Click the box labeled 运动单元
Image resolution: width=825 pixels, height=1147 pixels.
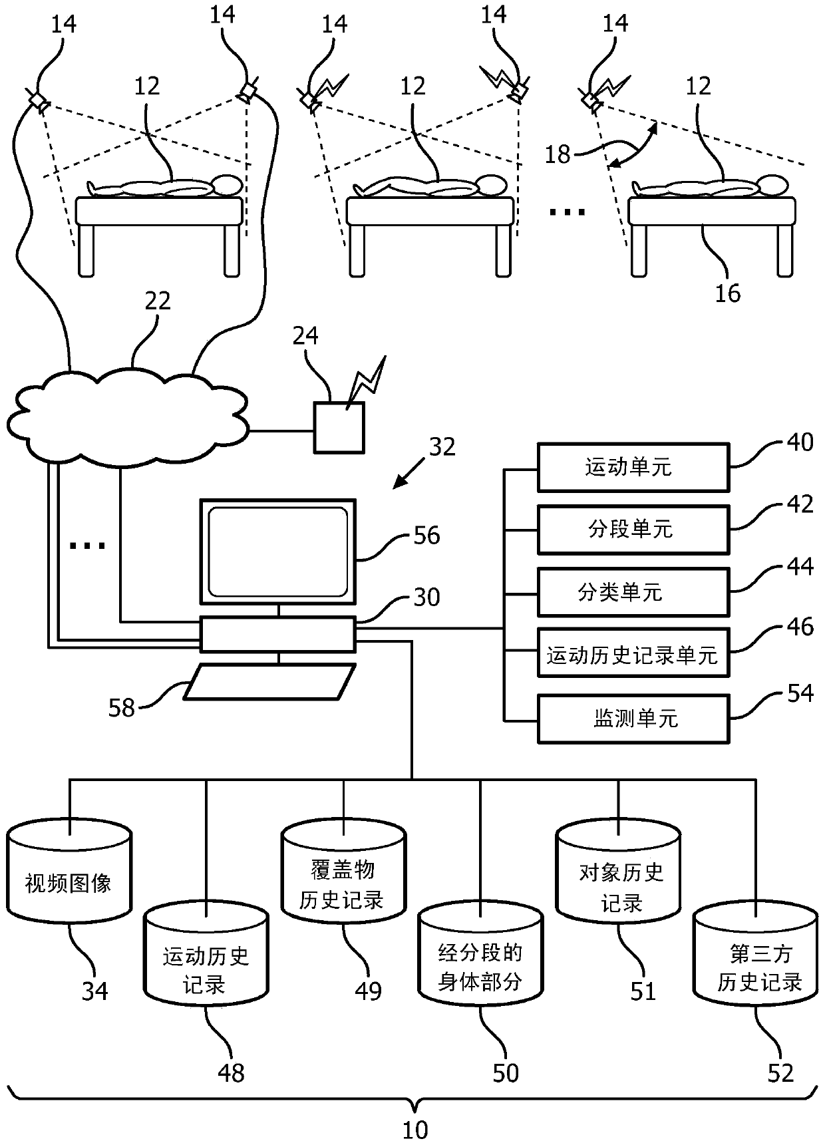[x=633, y=468]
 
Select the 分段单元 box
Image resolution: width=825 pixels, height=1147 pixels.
[x=633, y=530]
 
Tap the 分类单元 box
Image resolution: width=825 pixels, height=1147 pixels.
[x=633, y=591]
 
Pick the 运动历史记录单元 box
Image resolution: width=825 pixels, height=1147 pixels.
[x=633, y=653]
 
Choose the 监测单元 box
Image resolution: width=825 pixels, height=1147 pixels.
[x=633, y=719]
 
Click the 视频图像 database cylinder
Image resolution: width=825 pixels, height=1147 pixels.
[x=69, y=877]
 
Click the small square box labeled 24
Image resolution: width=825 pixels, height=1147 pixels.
[x=339, y=427]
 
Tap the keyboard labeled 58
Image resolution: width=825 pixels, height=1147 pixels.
[x=269, y=682]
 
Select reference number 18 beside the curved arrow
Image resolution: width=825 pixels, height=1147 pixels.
[x=558, y=154]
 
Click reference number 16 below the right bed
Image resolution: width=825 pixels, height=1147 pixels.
[x=727, y=293]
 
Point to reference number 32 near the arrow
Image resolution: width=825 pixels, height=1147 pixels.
[x=442, y=446]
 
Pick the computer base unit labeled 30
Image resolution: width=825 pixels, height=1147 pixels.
[x=278, y=635]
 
